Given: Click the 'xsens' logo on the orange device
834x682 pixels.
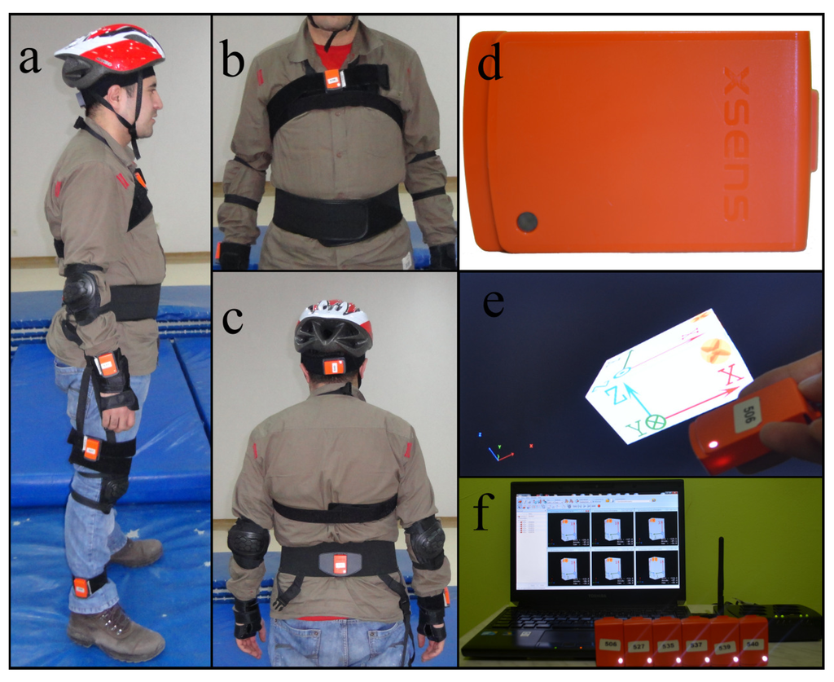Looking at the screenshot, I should [x=736, y=143].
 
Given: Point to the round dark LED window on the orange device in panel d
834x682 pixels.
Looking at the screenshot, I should [x=527, y=221].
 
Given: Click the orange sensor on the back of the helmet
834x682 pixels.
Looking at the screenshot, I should [x=334, y=367].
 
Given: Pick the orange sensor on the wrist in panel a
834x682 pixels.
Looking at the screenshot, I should [x=107, y=365].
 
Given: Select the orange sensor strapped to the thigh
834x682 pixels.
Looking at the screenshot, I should [x=91, y=447].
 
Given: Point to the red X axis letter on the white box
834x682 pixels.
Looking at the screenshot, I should [x=730, y=375].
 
